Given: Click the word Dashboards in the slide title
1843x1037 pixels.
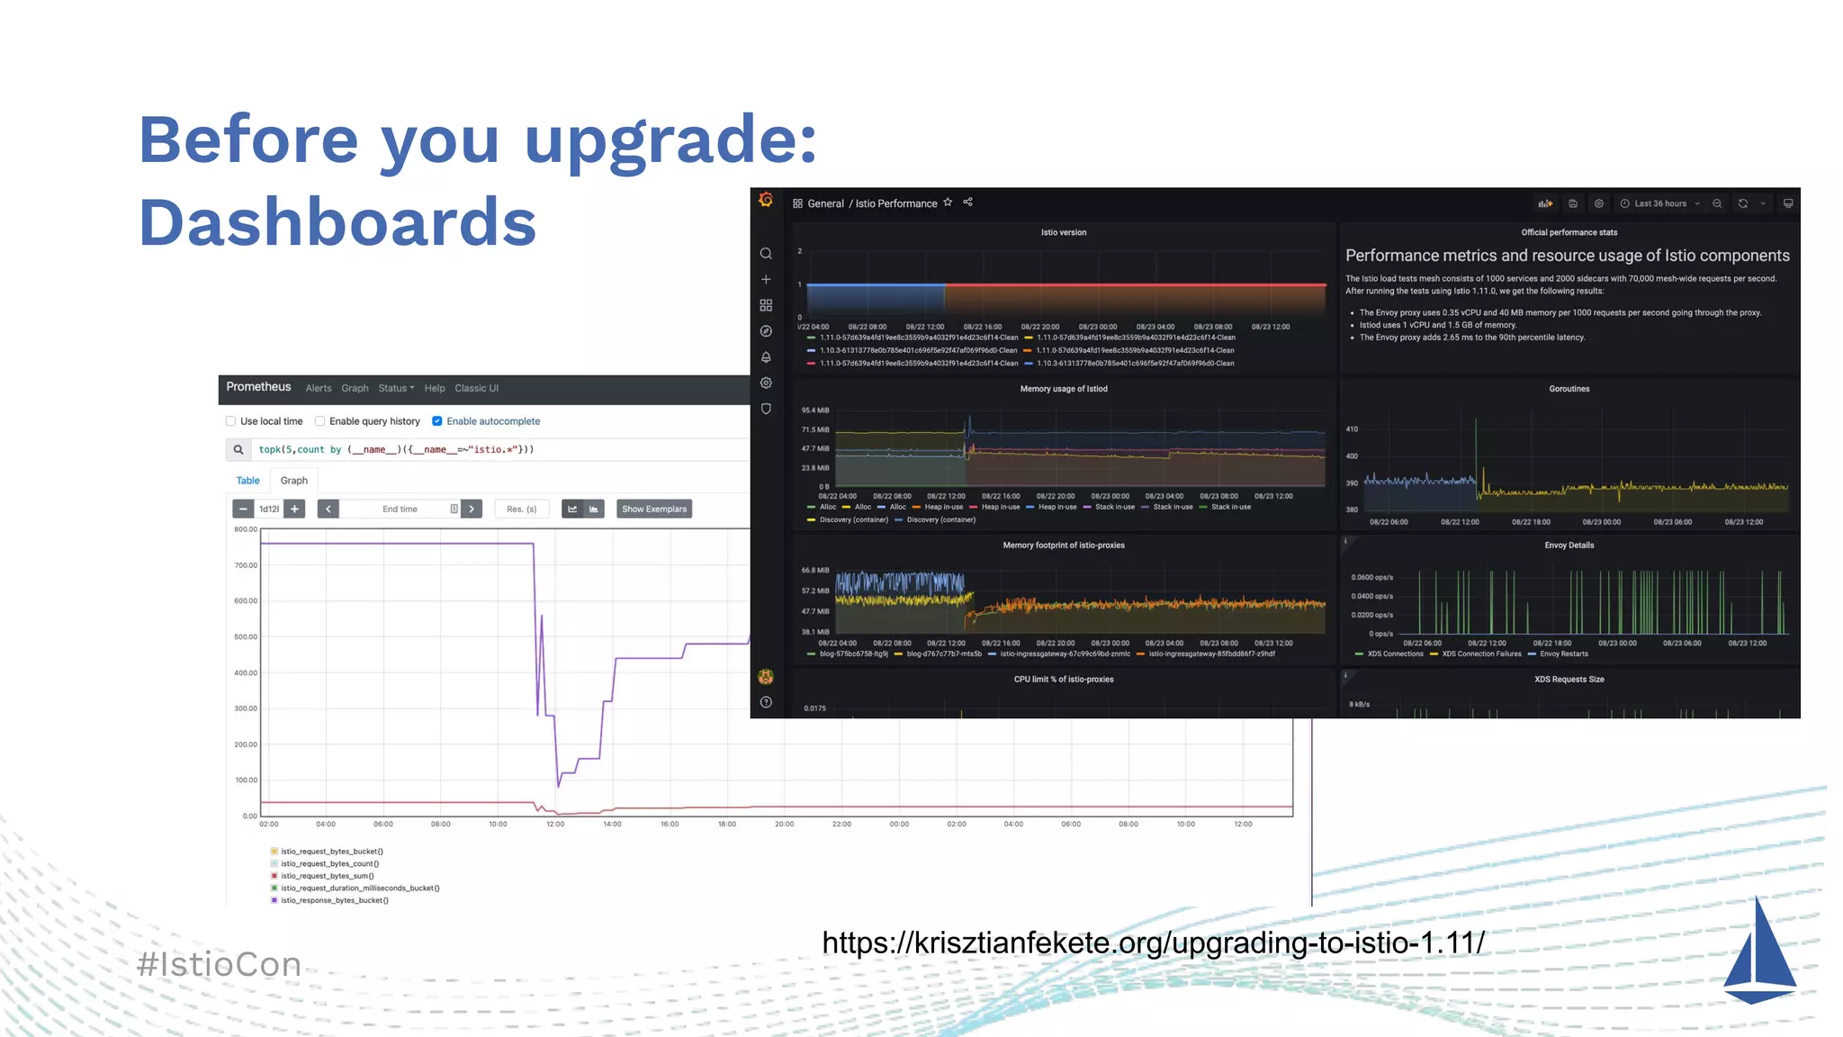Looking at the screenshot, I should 337,222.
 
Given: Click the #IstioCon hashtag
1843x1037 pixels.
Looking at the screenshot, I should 219,964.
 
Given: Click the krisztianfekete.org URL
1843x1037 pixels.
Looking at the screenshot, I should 1153,942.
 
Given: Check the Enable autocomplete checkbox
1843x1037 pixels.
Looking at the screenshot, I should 437,421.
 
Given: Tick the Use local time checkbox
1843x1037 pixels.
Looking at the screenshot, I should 231,421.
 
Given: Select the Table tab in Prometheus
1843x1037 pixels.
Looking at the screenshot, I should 247,481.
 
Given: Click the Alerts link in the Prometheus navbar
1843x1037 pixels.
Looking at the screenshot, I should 319,389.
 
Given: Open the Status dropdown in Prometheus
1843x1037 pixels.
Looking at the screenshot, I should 396,389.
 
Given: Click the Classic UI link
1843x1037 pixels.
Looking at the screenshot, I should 476,389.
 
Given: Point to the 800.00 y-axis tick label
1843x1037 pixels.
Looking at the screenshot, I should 246,529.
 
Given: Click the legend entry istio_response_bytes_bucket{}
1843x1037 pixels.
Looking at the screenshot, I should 334,900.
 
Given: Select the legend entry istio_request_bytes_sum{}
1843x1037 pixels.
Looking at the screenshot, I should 327,876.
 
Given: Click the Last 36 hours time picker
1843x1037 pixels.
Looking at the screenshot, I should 1660,203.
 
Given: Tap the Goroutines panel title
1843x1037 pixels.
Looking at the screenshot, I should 1569,389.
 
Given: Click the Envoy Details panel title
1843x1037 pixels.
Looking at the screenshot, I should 1569,546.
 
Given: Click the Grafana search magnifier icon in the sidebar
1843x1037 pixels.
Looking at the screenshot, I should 766,254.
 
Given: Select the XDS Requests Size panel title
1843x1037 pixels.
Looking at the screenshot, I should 1569,680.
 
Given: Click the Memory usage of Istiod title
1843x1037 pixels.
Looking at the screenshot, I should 1064,389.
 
